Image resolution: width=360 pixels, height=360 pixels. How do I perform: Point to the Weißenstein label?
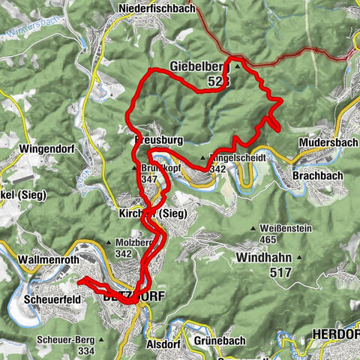(283, 227)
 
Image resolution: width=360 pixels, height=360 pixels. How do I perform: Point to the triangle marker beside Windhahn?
(299, 258)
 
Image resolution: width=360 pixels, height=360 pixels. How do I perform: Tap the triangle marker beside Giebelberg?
(238, 66)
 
